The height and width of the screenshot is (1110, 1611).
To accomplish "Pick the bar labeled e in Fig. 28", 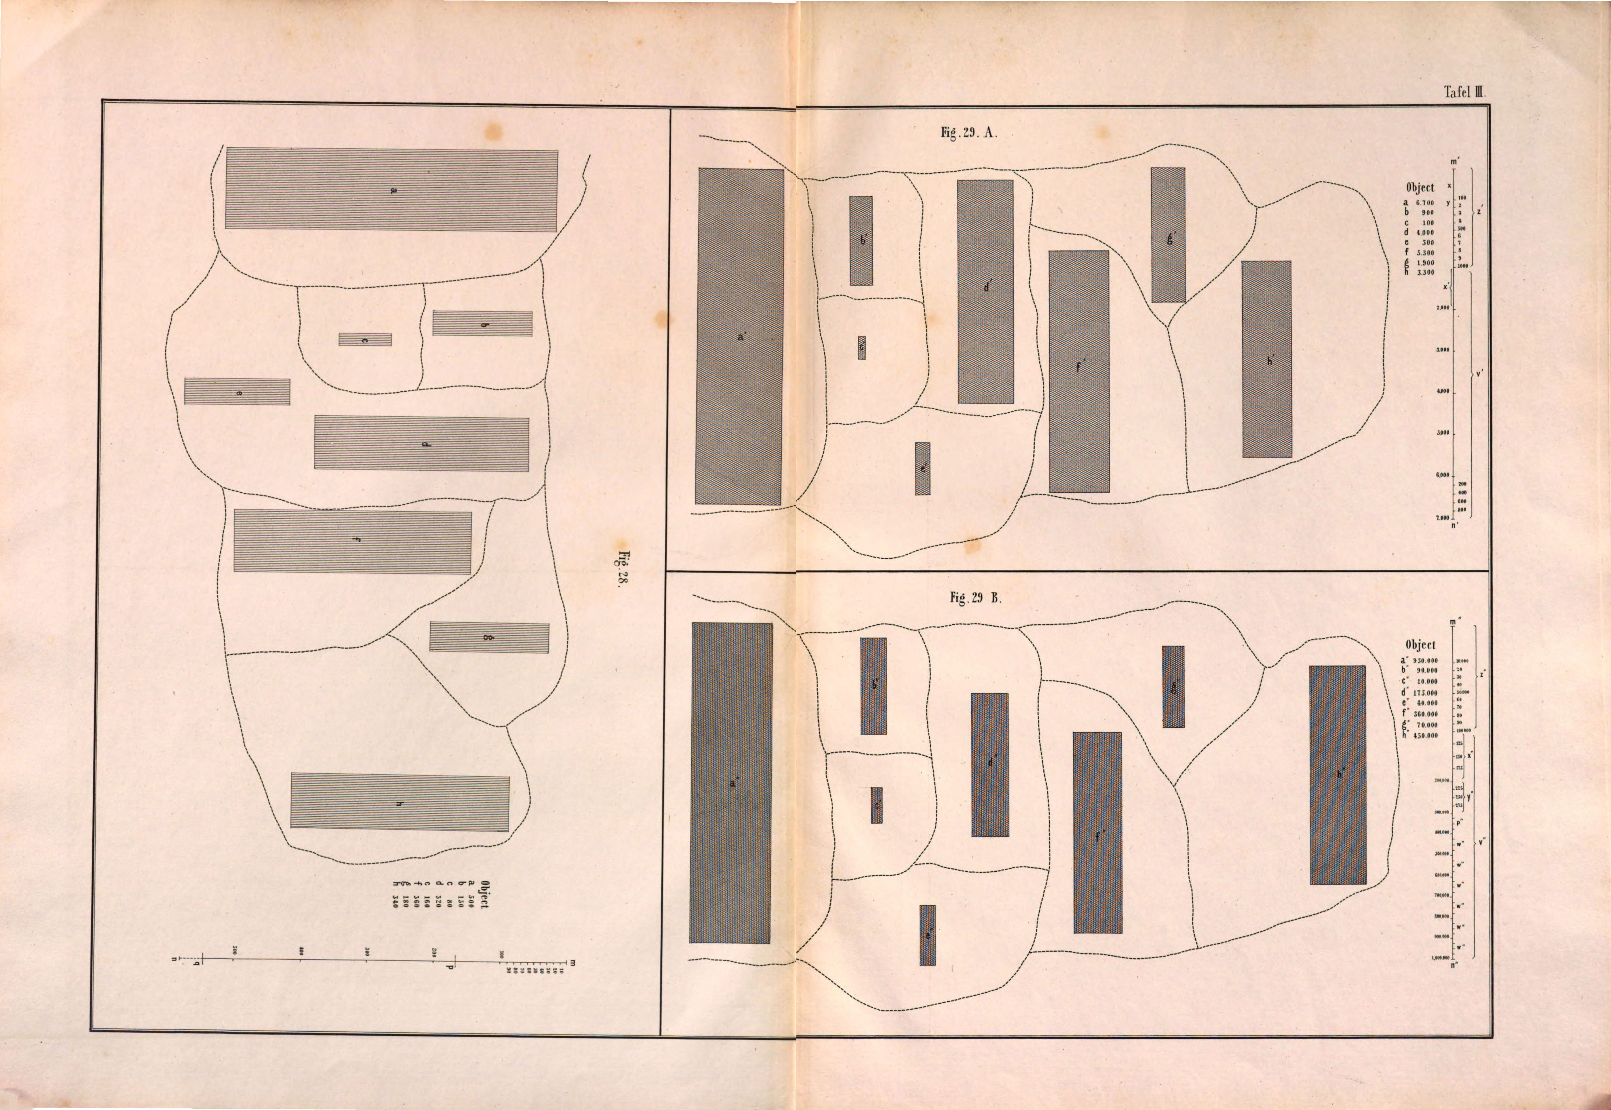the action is [237, 392].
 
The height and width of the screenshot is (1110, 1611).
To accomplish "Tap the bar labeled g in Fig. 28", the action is [489, 637].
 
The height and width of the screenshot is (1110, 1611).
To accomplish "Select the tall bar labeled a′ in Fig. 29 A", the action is [739, 337].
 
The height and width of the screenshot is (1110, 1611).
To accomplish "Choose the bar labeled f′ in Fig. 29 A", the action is [1079, 372].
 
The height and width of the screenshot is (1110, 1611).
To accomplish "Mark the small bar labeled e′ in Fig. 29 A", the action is [922, 469].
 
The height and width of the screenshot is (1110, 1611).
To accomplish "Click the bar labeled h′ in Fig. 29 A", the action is [1267, 359].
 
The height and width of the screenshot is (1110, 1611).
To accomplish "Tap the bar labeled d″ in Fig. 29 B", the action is [990, 764].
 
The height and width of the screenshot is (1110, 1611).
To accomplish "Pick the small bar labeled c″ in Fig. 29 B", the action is [876, 805].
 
